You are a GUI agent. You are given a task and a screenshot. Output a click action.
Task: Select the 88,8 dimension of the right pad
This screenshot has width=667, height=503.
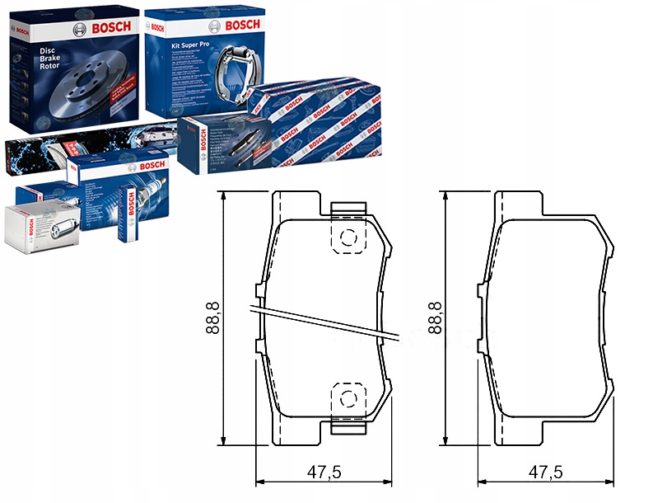coord(434,317)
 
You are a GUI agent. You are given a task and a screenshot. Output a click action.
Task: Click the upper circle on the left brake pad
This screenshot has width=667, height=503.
coord(347,237)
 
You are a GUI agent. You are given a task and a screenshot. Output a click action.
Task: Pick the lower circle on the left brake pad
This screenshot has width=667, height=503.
coord(347,399)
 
